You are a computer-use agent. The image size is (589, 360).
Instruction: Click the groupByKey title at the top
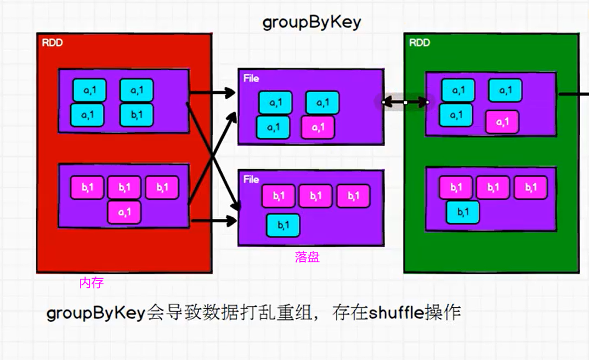coord(312,22)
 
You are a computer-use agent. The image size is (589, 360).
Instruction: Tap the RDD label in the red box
coord(53,43)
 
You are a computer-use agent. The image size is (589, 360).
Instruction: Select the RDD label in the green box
coord(420,43)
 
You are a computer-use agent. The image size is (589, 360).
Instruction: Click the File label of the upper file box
coord(251,78)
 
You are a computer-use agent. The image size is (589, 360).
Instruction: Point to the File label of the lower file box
coord(251,179)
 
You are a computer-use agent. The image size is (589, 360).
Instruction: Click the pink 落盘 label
coord(307,257)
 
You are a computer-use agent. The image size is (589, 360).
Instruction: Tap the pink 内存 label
coord(91,283)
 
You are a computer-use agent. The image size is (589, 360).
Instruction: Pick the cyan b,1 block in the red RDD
coord(137,115)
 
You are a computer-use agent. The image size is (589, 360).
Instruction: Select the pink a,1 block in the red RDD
coord(124,212)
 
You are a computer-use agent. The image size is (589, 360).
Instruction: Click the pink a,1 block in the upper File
coord(318,127)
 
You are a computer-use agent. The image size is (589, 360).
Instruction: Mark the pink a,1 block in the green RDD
coord(502,122)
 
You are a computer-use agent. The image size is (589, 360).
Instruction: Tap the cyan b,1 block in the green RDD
coord(463,212)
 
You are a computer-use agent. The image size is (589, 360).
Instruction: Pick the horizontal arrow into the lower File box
coord(214,221)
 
